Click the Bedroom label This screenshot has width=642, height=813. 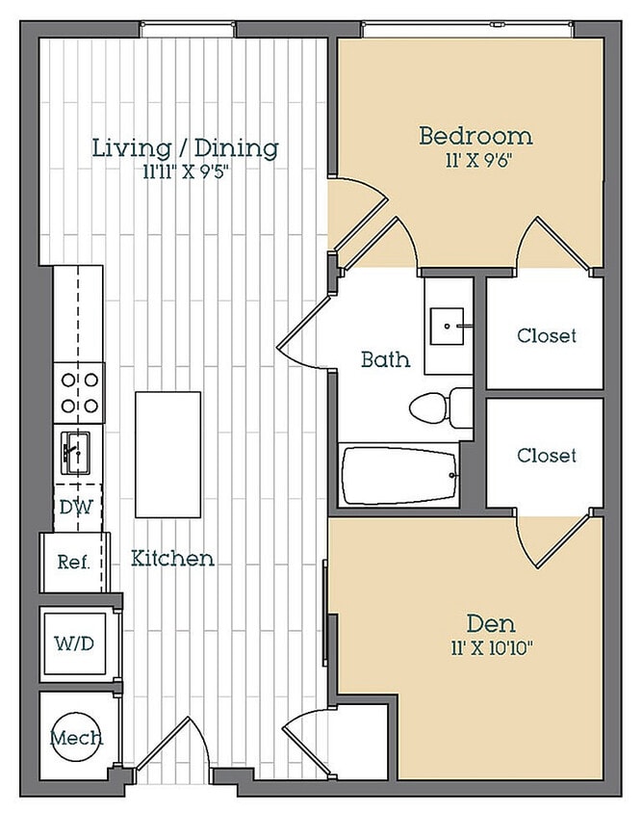[x=475, y=136]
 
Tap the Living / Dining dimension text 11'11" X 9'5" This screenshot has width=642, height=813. [x=186, y=172]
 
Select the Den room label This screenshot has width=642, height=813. [x=491, y=623]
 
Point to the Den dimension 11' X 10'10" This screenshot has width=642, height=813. [x=491, y=648]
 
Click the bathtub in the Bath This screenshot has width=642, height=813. [x=400, y=476]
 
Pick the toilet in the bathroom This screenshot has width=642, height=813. [x=441, y=408]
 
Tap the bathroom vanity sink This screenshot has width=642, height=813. [x=447, y=327]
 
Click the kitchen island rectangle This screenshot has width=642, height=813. [x=167, y=455]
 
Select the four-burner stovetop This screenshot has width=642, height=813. [x=79, y=393]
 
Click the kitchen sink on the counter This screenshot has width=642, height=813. [x=76, y=453]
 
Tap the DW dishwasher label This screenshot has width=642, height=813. [x=76, y=507]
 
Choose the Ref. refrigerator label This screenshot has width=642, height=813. [x=73, y=562]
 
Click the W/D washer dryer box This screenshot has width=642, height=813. [x=75, y=644]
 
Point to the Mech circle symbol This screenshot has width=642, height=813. [x=76, y=737]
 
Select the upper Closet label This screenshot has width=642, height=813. [x=547, y=335]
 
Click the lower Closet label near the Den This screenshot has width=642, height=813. [x=547, y=456]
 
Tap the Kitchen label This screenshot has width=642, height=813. [x=172, y=559]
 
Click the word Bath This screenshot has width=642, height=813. [x=386, y=359]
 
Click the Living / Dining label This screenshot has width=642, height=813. [x=186, y=148]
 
